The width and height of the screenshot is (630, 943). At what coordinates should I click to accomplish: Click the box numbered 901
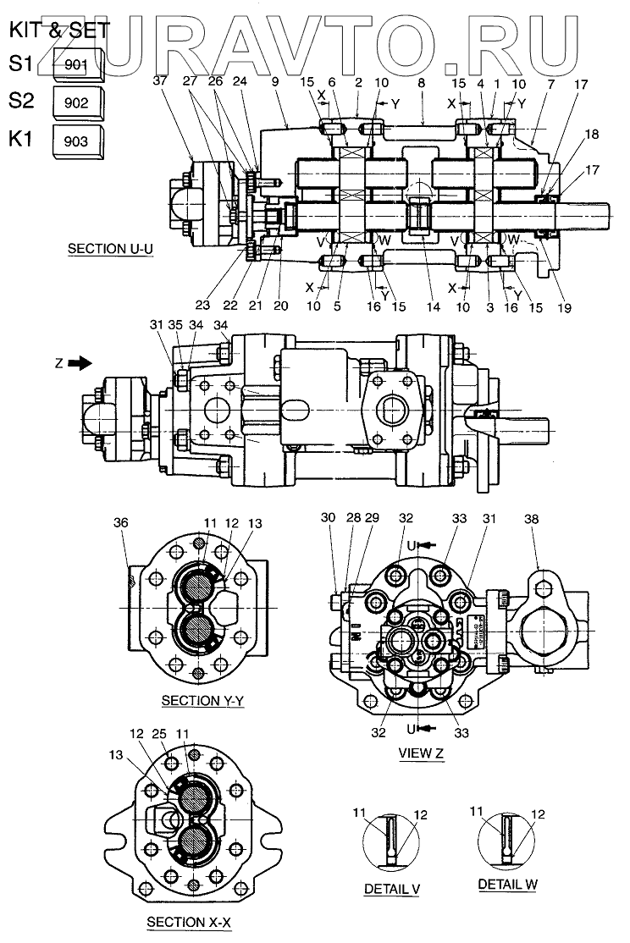click(78, 63)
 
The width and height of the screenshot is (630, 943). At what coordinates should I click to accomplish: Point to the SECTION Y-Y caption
click(202, 701)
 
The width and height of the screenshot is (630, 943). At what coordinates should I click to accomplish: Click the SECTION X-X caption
click(188, 921)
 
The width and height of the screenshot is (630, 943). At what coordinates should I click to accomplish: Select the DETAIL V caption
click(392, 890)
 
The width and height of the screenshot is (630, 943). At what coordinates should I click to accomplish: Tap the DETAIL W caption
click(508, 884)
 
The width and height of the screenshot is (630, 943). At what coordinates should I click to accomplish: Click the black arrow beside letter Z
click(80, 363)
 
